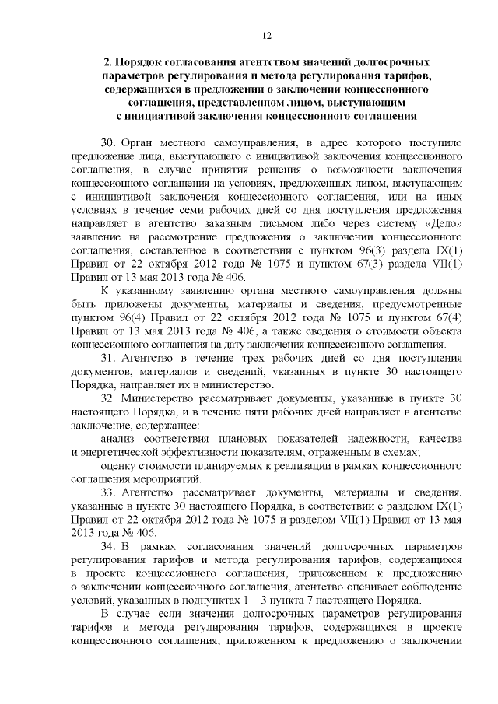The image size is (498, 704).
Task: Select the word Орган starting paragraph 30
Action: tap(141, 145)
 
